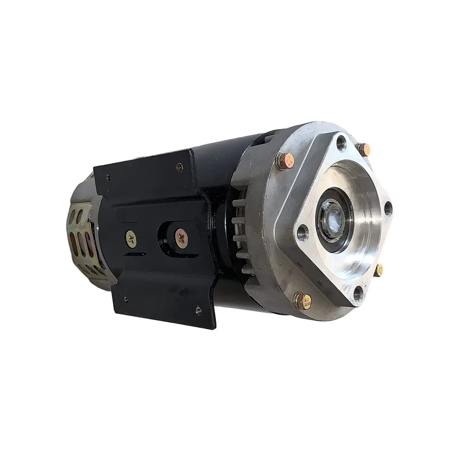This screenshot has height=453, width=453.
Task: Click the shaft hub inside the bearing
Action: pos(335,217)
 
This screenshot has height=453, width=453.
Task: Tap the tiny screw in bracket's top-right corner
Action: pos(180,167)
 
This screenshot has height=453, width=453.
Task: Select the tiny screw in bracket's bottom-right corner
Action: pos(198,310)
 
